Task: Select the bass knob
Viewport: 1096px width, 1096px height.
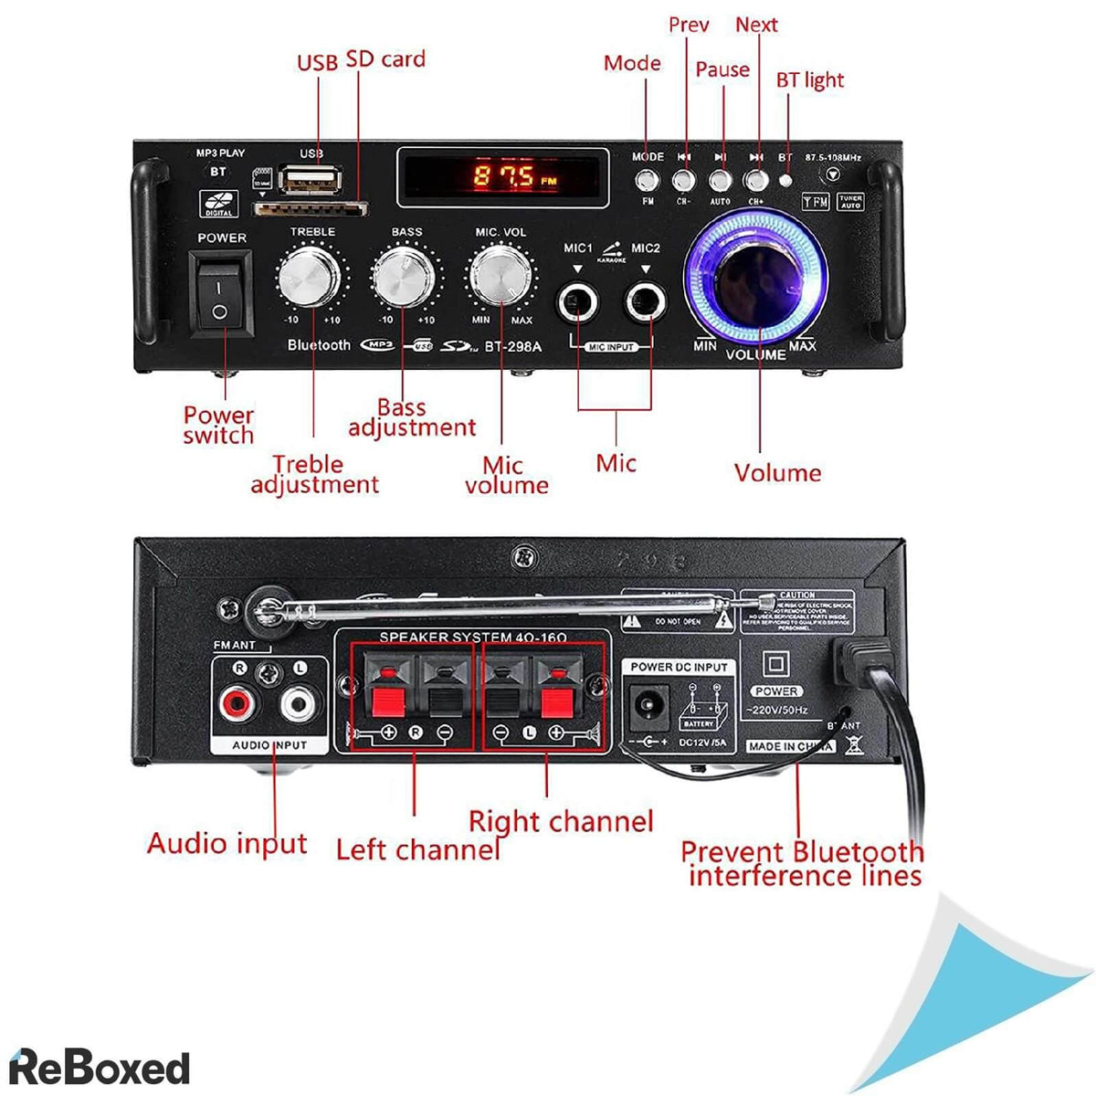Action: point(402,278)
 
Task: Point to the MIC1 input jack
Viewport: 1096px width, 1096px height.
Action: point(578,301)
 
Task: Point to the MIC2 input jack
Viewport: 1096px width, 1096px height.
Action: point(645,301)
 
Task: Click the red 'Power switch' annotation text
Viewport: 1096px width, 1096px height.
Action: point(218,425)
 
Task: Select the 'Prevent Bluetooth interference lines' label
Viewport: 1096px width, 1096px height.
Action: point(803,863)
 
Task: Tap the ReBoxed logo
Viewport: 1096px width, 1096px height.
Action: point(99,1067)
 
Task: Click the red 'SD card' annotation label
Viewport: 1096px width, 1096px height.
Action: point(385,59)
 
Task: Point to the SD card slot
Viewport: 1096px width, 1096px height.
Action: point(310,209)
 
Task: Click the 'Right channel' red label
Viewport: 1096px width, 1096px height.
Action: point(561,821)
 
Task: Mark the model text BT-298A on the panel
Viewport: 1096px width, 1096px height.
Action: point(512,346)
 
